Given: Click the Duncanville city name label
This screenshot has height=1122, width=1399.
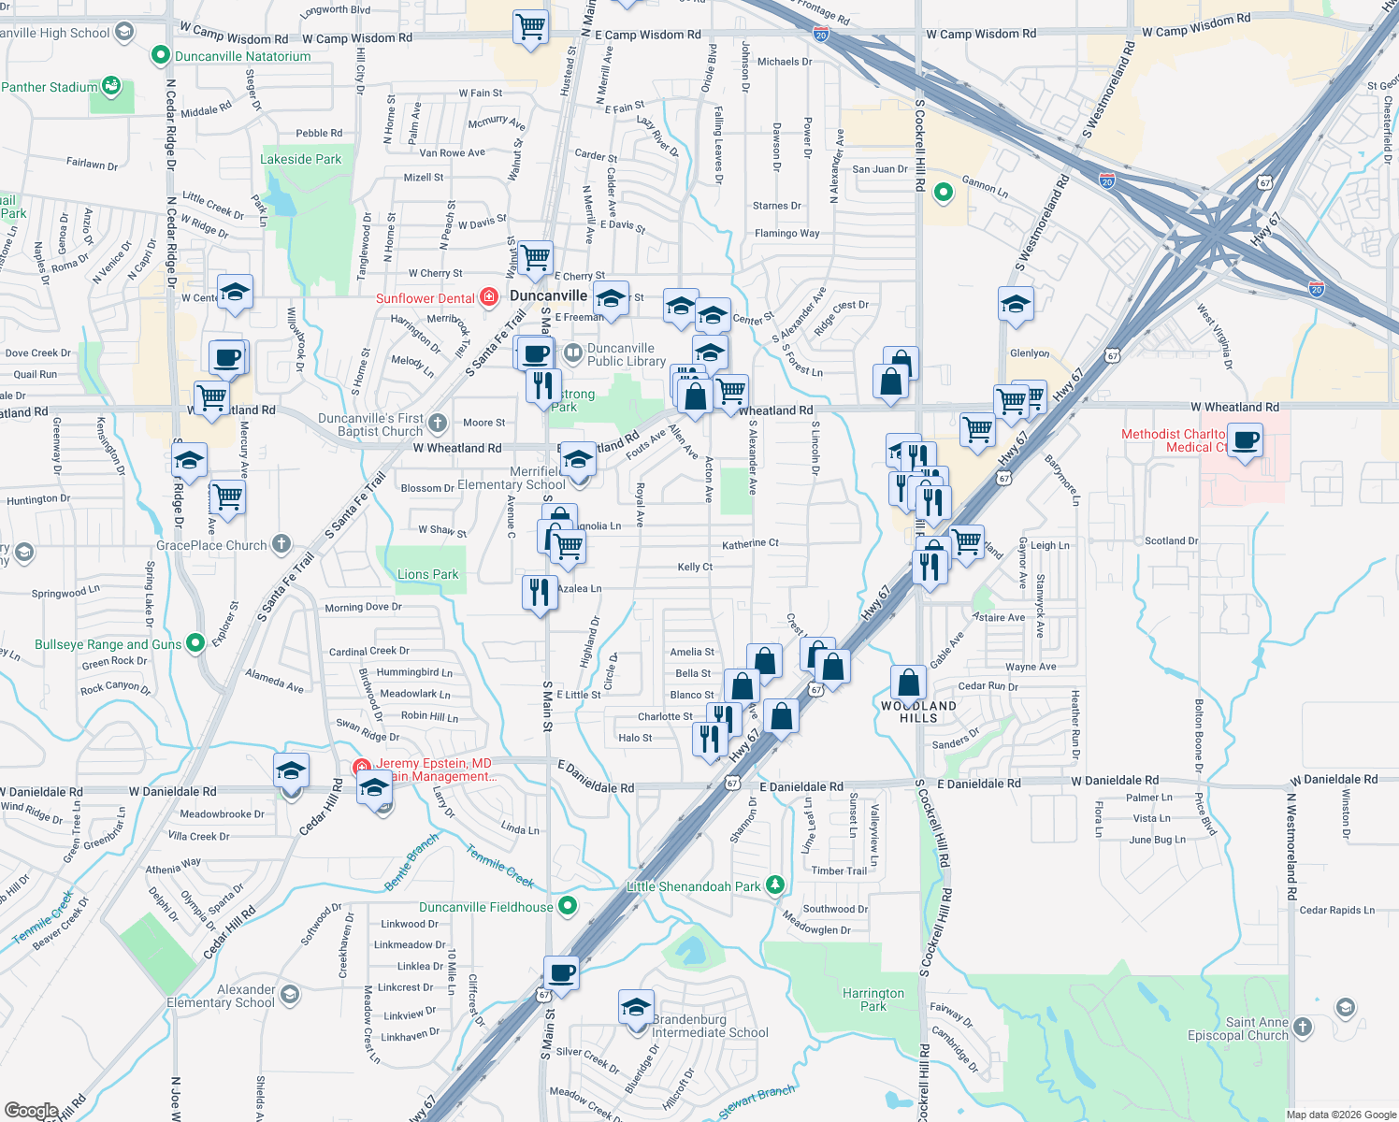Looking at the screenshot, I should click(x=548, y=295).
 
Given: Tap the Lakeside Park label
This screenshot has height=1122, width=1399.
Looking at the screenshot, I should click(x=300, y=159).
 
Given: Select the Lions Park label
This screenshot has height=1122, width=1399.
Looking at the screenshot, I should click(x=427, y=574).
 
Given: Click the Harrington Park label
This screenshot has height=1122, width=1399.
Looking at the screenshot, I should click(x=873, y=1000).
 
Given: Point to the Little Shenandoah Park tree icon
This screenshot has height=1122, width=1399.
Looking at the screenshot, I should click(x=774, y=885).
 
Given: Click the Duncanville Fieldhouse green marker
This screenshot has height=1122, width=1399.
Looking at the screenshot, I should click(x=568, y=906).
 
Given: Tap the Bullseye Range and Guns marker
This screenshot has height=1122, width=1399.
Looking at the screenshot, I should click(x=195, y=642).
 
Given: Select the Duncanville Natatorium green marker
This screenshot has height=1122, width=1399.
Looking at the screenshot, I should click(x=161, y=56).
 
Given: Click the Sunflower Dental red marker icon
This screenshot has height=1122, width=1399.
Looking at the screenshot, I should click(x=489, y=297).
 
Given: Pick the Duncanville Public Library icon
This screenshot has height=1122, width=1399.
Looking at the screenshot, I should click(x=573, y=353).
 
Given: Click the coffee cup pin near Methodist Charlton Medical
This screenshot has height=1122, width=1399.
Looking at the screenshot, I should click(x=1245, y=439).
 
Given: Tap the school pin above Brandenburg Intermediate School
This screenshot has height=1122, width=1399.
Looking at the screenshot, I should click(x=636, y=1009).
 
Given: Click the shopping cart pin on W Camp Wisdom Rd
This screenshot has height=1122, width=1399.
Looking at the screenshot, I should click(x=530, y=26).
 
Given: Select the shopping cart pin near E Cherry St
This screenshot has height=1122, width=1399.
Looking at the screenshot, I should click(x=536, y=257).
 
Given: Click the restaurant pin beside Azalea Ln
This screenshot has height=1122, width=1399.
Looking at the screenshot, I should click(x=540, y=592).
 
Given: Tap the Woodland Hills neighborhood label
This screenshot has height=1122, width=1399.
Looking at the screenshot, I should click(x=918, y=712).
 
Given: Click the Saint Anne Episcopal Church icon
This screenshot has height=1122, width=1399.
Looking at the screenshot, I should click(x=1303, y=1028).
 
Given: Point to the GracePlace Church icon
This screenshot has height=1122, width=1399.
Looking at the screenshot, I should click(x=281, y=544).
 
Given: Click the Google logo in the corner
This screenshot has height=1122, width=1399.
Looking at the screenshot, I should click(x=31, y=1111).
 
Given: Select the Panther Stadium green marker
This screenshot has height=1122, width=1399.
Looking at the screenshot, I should click(x=111, y=86).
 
